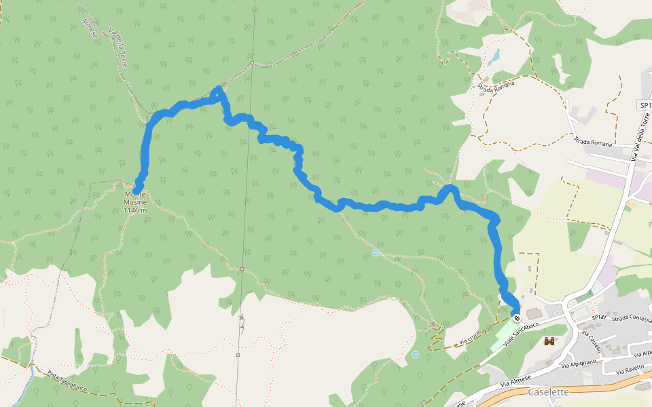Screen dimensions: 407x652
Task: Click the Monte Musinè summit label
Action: click(134, 198)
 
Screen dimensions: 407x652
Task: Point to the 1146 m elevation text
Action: click(135, 210)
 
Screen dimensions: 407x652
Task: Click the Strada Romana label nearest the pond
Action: click(496, 85)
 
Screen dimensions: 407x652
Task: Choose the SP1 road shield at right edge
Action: click(645, 105)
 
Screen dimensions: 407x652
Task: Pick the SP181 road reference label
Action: click(598, 317)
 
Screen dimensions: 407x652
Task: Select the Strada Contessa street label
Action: click(631, 318)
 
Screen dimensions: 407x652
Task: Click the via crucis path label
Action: click(469, 336)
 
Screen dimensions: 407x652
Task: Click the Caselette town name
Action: click(547, 391)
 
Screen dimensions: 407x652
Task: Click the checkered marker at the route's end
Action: click(517, 318)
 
